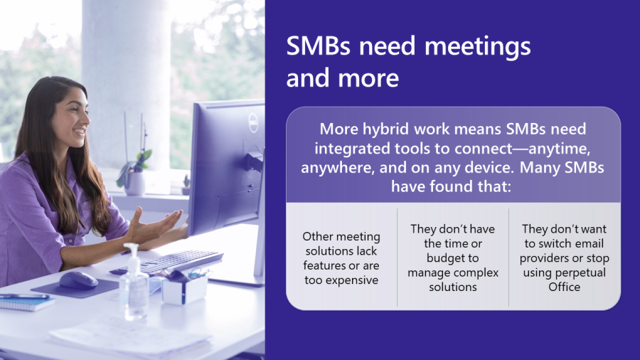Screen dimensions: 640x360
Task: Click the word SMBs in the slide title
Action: pos(318,46)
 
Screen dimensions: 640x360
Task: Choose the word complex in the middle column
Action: pos(476,273)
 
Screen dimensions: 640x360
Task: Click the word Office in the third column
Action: pos(564,287)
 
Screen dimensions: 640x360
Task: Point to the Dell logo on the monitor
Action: pos(253,122)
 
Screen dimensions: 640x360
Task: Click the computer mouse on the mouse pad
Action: pos(78,280)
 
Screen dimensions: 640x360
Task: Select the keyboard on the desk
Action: pos(167,262)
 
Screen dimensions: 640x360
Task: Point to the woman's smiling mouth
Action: pos(80,132)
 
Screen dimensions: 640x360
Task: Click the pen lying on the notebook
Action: pos(24,297)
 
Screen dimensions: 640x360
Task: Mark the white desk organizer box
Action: pos(184,290)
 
